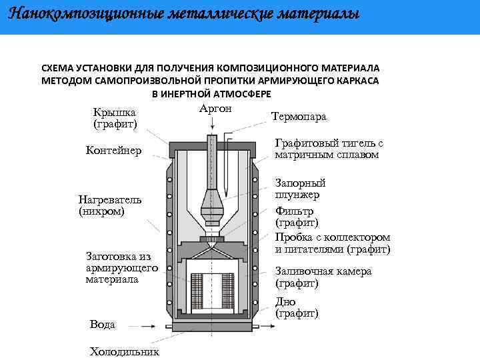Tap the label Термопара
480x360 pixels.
click(x=299, y=117)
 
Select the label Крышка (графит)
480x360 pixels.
click(x=115, y=118)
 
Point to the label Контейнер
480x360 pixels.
click(x=113, y=151)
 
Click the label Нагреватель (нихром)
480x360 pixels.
click(x=110, y=205)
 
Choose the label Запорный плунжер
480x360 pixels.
click(x=300, y=189)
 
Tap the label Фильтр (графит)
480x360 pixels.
click(x=297, y=216)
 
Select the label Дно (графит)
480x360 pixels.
click(x=297, y=307)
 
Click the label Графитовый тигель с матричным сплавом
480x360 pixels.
click(x=329, y=149)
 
